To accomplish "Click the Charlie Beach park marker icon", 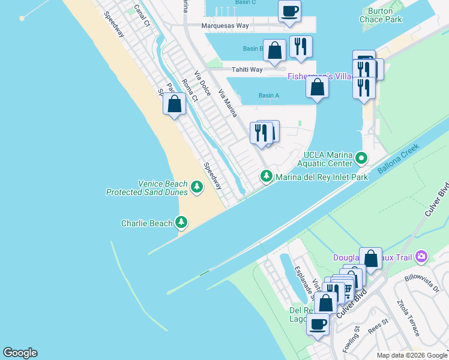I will (x=181, y=223).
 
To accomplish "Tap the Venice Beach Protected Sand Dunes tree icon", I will (x=196, y=188).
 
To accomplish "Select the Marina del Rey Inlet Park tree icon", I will (x=266, y=176).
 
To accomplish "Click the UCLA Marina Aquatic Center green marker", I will (x=361, y=158).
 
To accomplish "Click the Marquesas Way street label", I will (x=225, y=26).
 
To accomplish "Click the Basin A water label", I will (x=269, y=95).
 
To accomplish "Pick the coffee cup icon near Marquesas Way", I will (x=290, y=11).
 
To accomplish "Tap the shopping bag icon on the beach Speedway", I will (x=174, y=104).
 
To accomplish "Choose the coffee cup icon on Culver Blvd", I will (x=318, y=324).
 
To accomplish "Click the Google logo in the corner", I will (x=20, y=353).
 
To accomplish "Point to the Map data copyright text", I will (x=411, y=355).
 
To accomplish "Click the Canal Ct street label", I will (x=142, y=16).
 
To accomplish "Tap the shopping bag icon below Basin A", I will (x=317, y=87).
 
